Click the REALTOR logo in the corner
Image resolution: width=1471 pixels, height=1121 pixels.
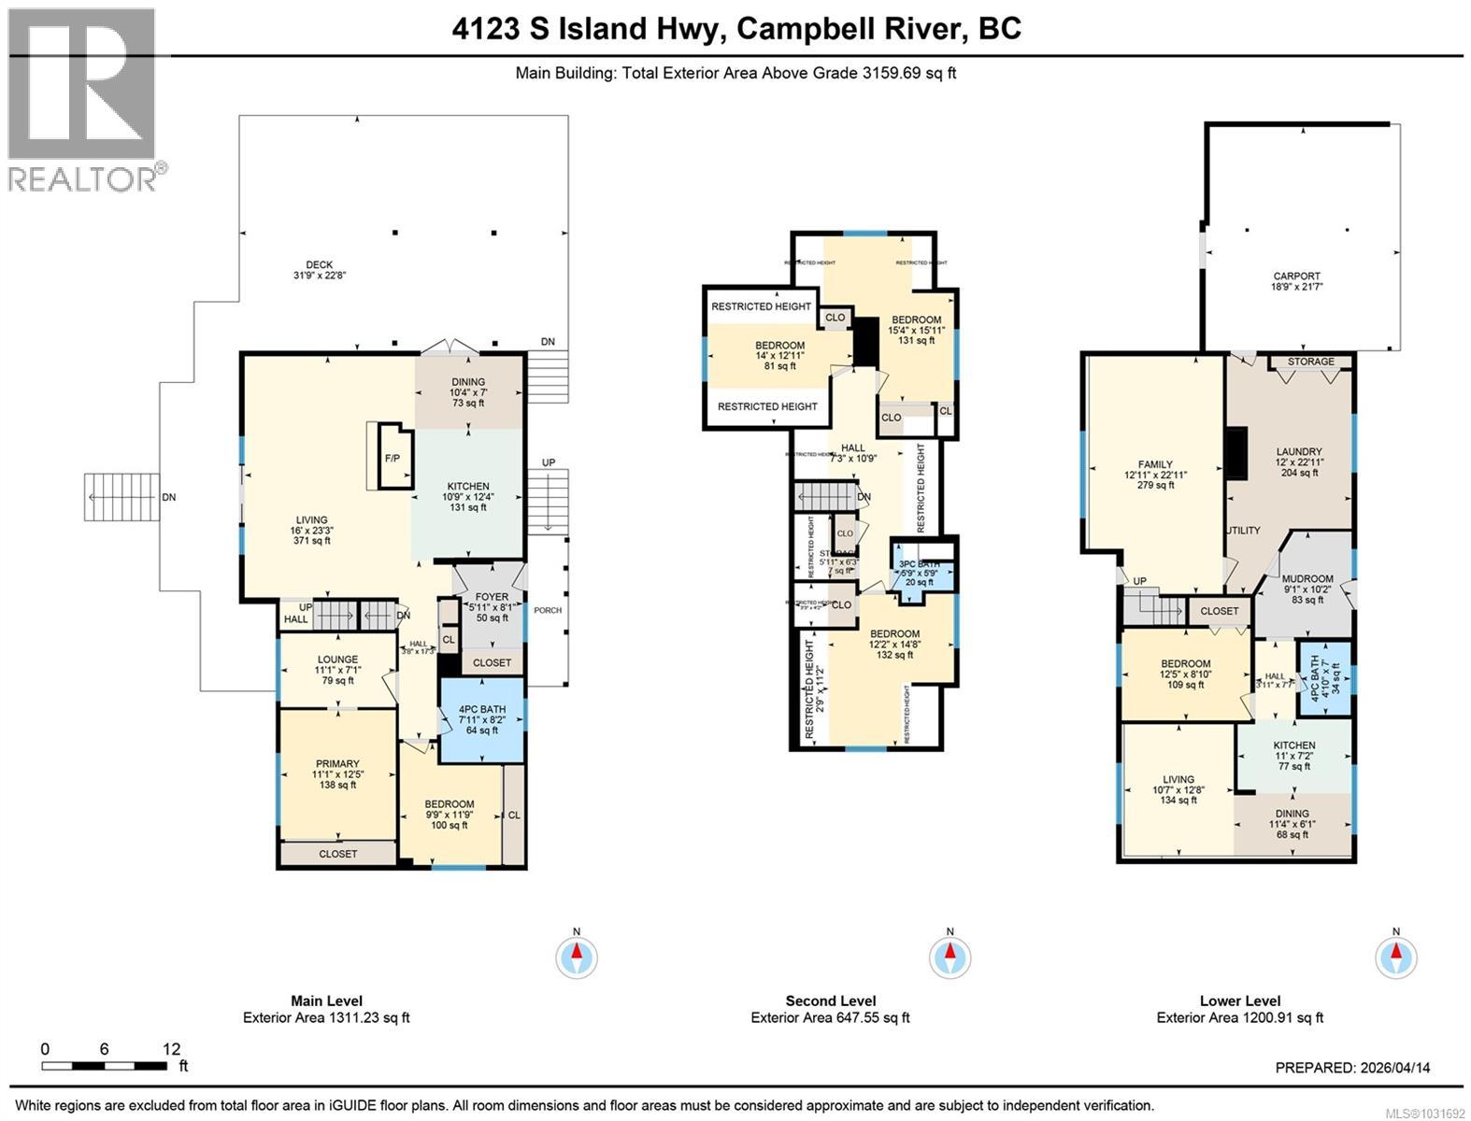tap(82, 98)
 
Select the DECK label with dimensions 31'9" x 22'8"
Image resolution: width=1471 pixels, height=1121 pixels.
tap(319, 270)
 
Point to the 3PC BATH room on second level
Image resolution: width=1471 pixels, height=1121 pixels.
tap(920, 572)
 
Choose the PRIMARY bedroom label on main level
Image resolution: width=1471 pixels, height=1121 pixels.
tap(337, 773)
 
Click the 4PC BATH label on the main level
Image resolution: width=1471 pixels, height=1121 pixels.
tap(481, 720)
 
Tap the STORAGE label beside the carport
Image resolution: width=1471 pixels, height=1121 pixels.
tap(1310, 362)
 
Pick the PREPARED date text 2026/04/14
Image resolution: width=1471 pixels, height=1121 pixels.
tap(1352, 1068)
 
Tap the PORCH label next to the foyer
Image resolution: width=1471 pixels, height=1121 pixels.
tap(548, 611)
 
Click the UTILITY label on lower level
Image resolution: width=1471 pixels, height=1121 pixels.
tap(1243, 531)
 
